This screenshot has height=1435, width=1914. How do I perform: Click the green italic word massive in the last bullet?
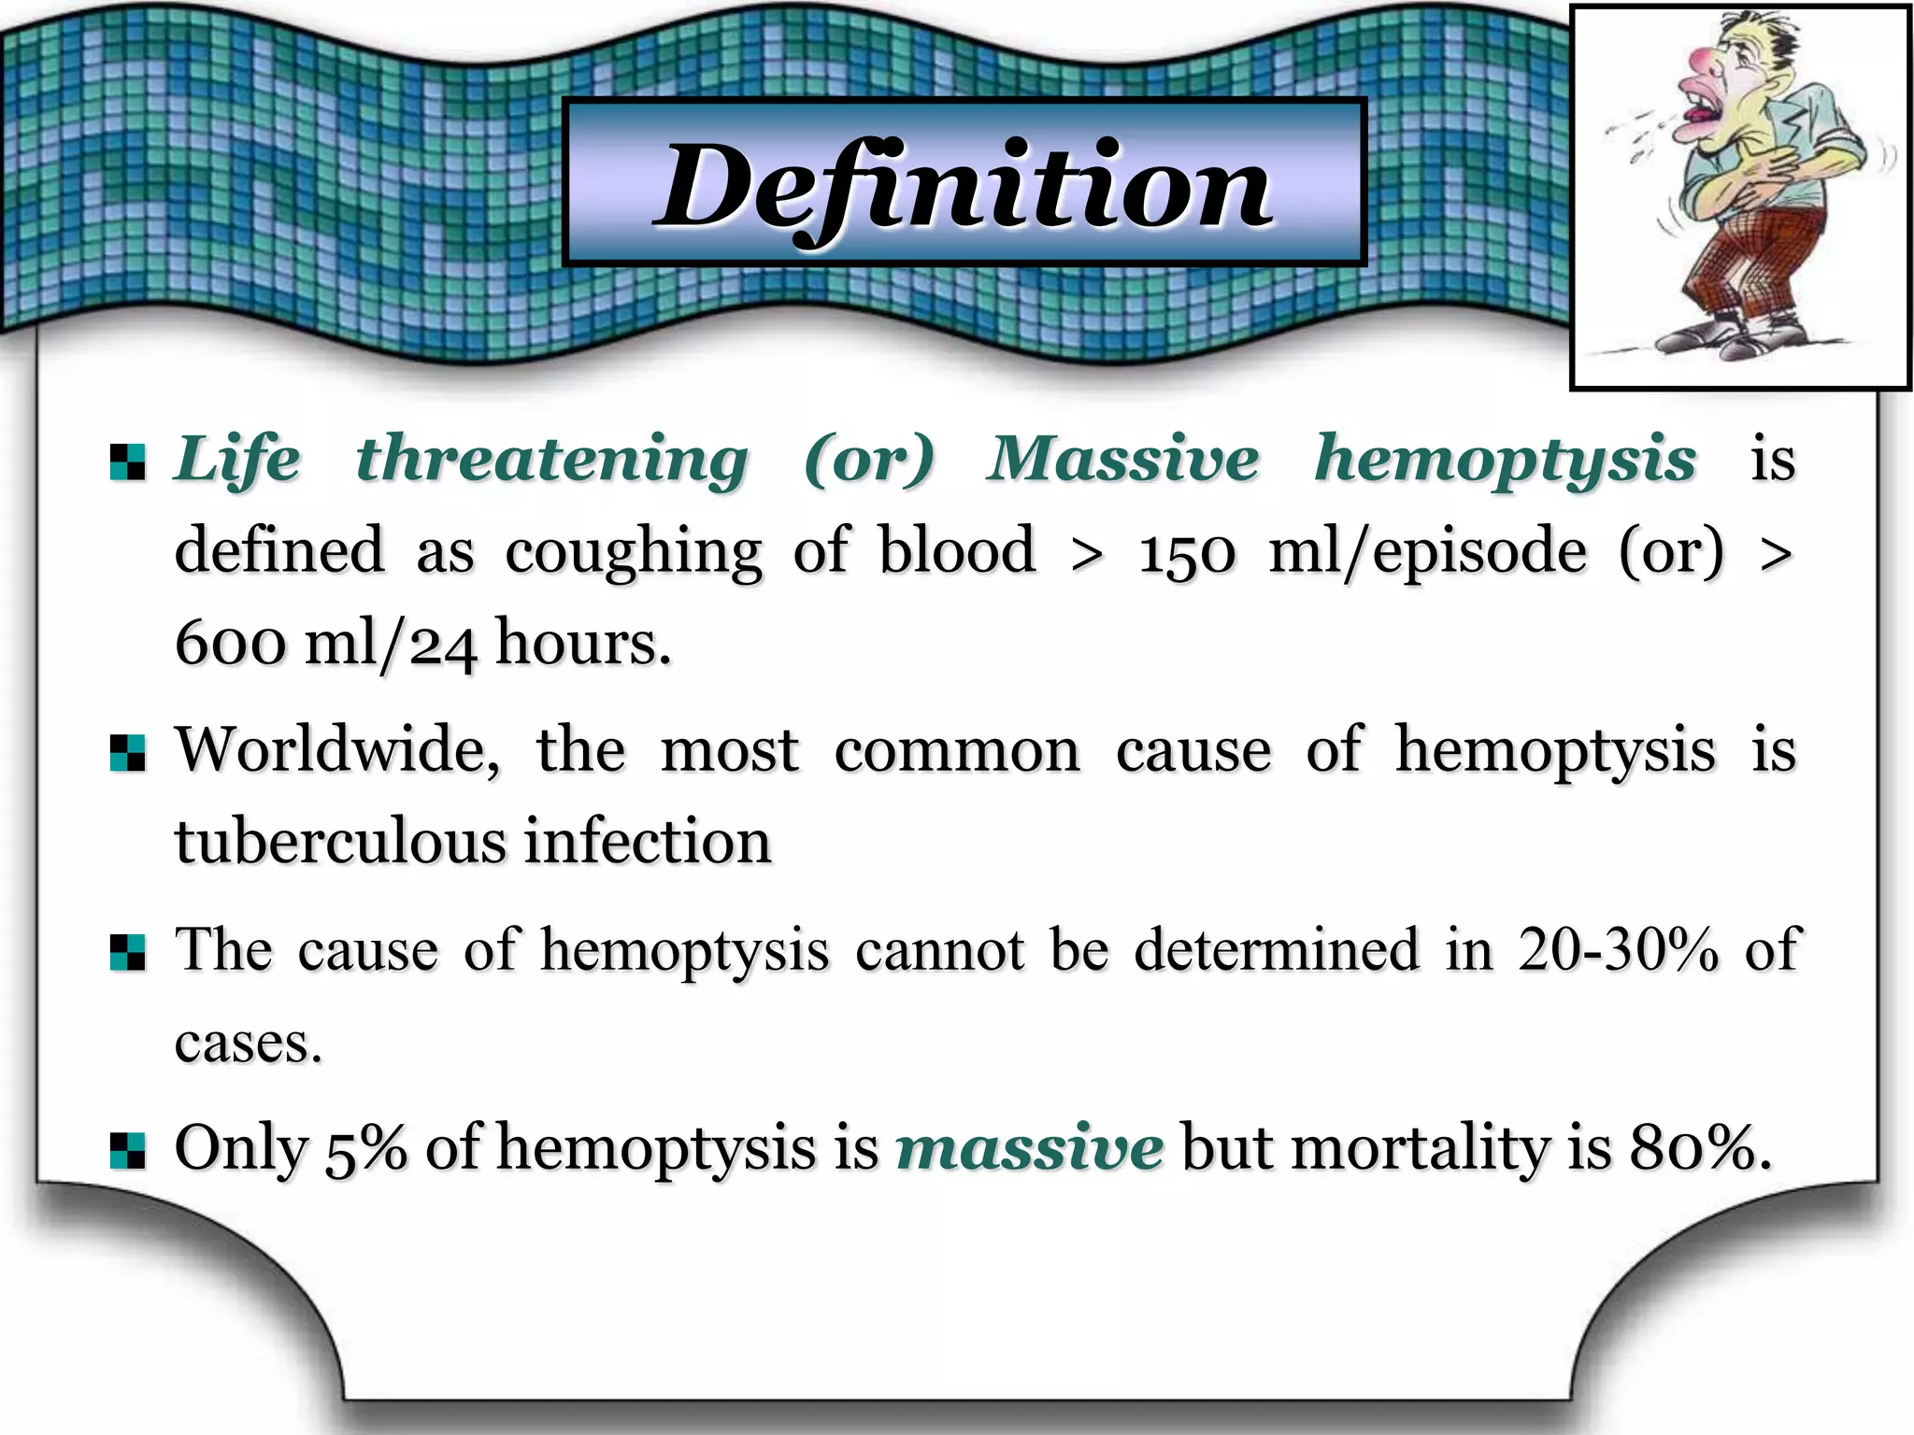click(1029, 1148)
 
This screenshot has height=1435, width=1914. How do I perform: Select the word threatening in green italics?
click(552, 459)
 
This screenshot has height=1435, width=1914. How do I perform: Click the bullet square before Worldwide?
click(127, 753)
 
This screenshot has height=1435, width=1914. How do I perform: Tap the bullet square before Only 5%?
click(127, 1151)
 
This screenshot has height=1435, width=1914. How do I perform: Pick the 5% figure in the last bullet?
click(365, 1148)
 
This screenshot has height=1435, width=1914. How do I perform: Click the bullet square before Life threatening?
click(127, 462)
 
